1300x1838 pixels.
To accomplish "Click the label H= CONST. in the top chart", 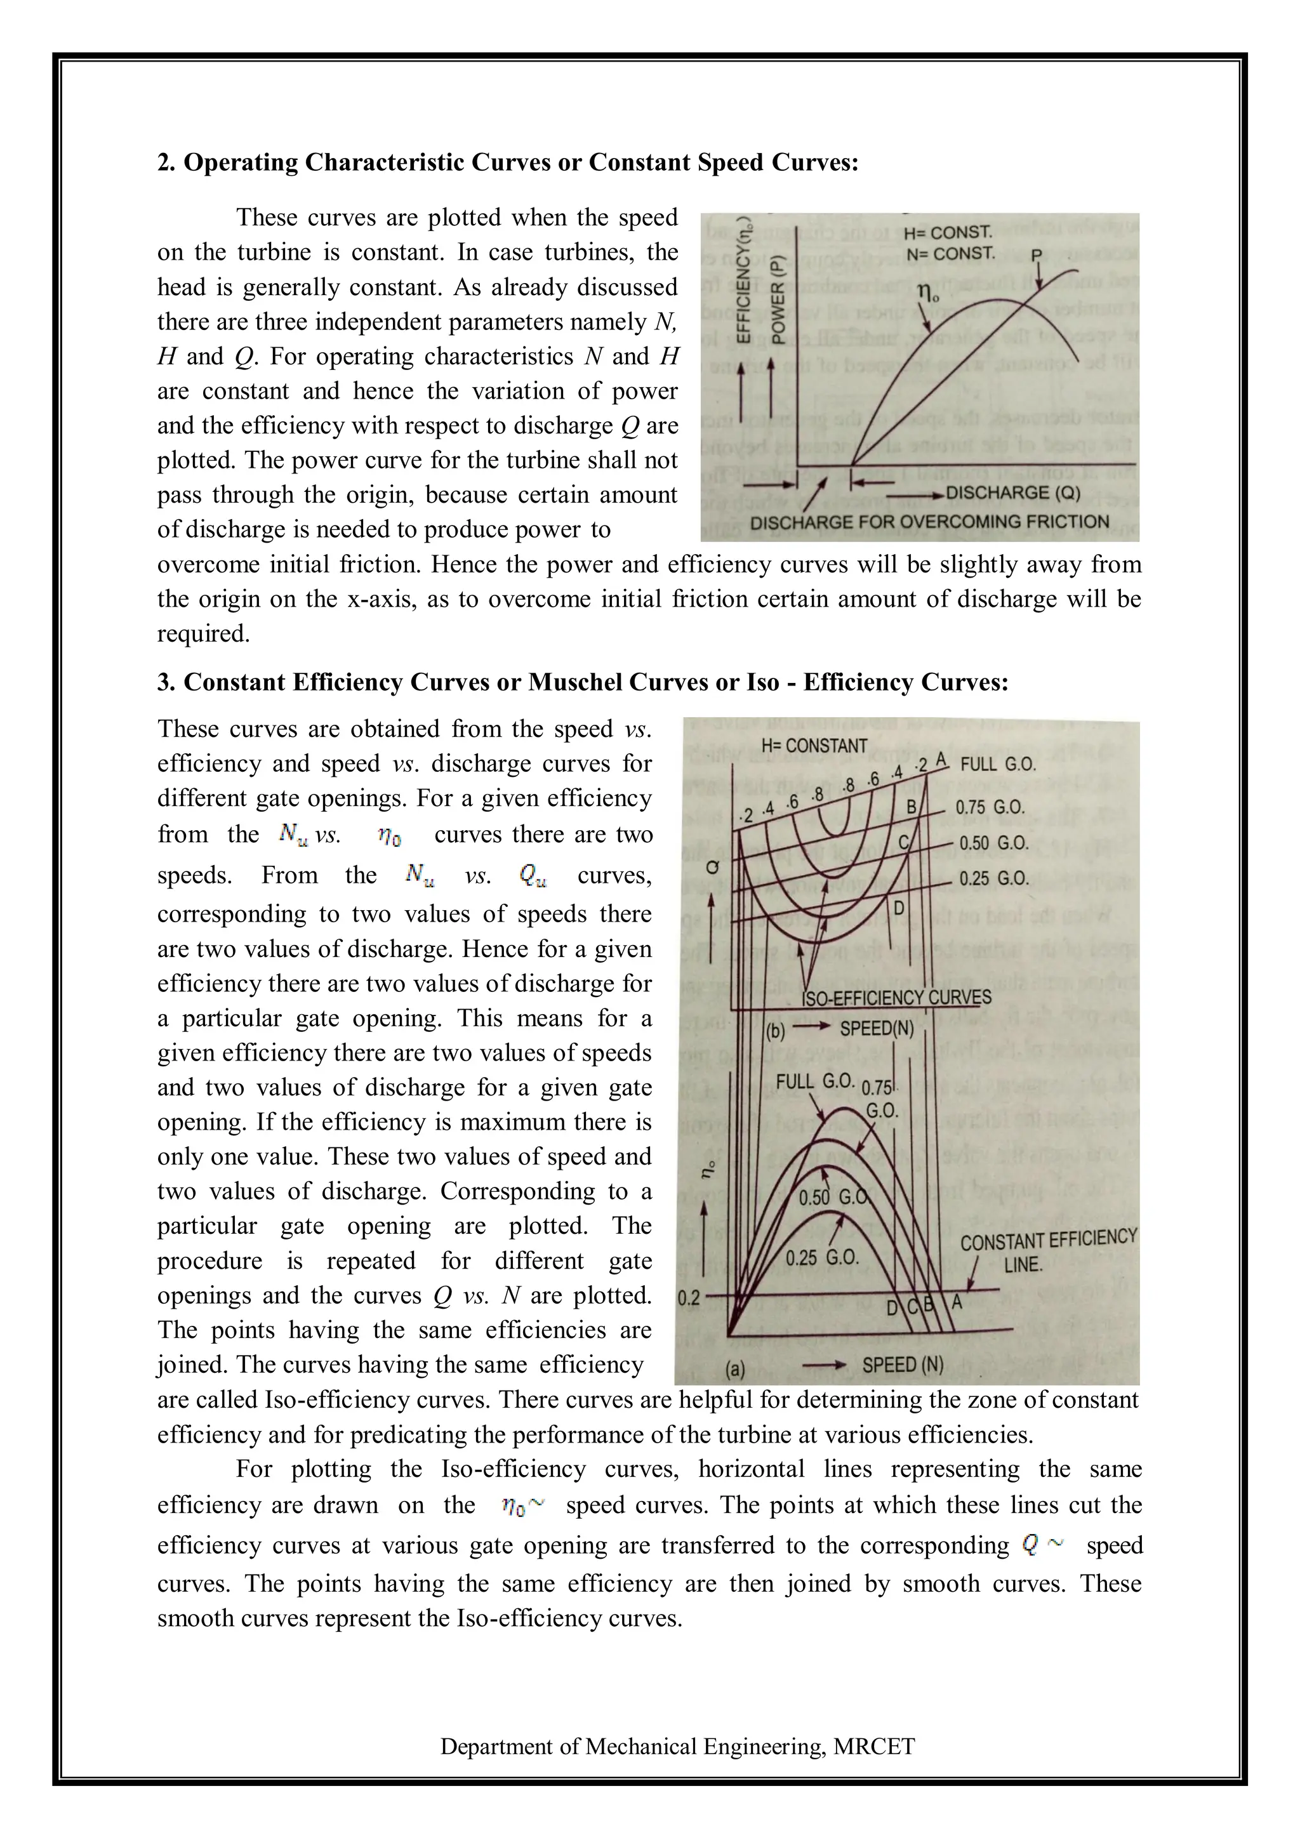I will coord(948,233).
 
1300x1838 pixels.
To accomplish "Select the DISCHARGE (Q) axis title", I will coord(1012,493).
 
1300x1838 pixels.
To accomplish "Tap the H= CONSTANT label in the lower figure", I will coord(814,745).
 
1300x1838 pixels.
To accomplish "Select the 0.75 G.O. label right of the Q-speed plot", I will coord(990,808).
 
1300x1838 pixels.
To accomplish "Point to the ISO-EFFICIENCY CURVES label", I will coord(896,998).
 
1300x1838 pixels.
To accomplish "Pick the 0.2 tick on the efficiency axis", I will coord(689,1299).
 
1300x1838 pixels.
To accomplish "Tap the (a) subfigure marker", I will coord(735,1370).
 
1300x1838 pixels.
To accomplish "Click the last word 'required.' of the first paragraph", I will coord(203,634).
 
